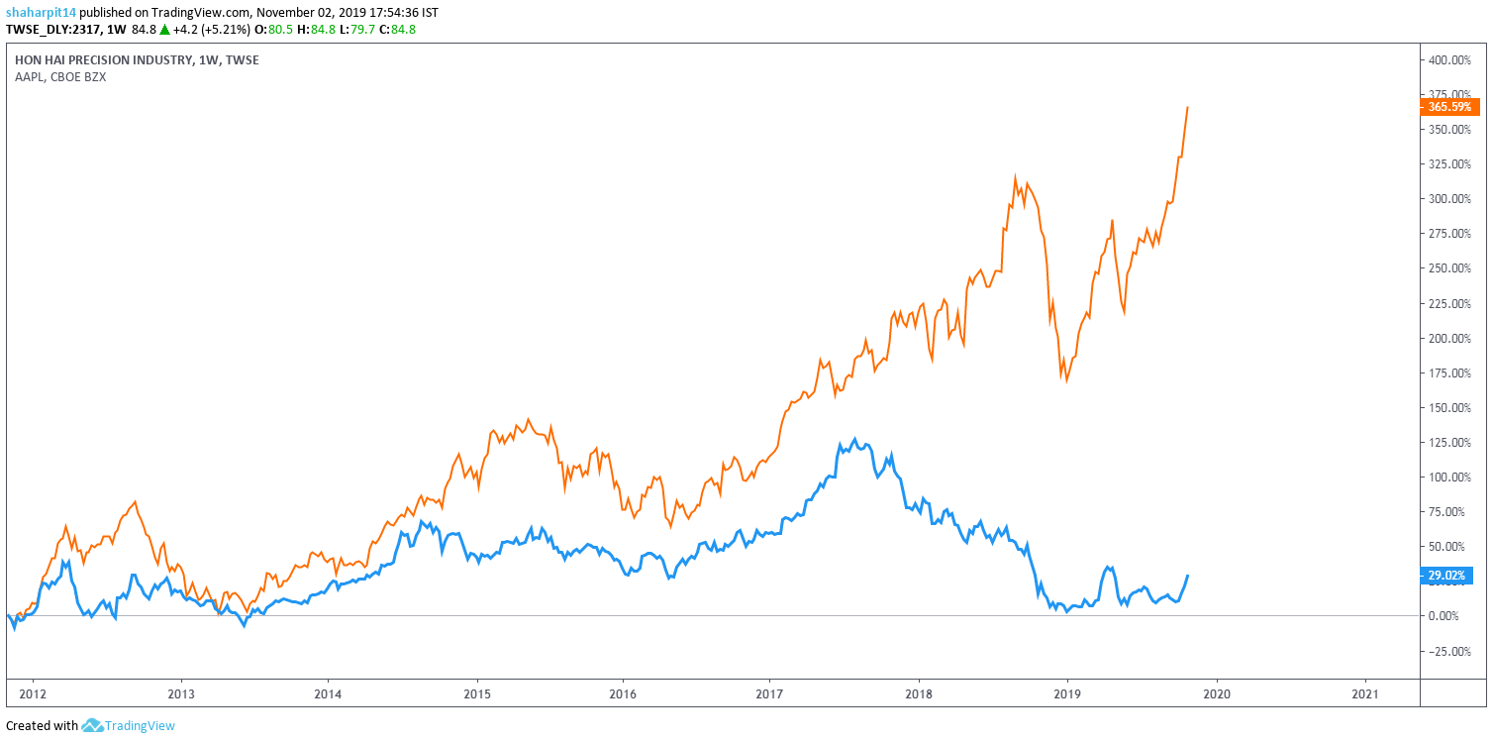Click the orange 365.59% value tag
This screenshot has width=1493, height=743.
pos(1449,106)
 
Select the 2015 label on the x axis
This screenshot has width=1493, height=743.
pos(476,693)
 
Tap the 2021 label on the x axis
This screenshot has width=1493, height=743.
pos(1365,693)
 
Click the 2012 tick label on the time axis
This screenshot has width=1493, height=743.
pos(34,693)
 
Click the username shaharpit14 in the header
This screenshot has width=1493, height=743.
pos(41,13)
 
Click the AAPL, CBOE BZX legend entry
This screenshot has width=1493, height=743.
pos(60,77)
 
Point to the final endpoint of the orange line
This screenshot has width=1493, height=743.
pos(1188,107)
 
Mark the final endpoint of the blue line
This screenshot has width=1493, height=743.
pos(1188,576)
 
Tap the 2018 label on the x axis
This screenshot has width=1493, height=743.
pos(920,693)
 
